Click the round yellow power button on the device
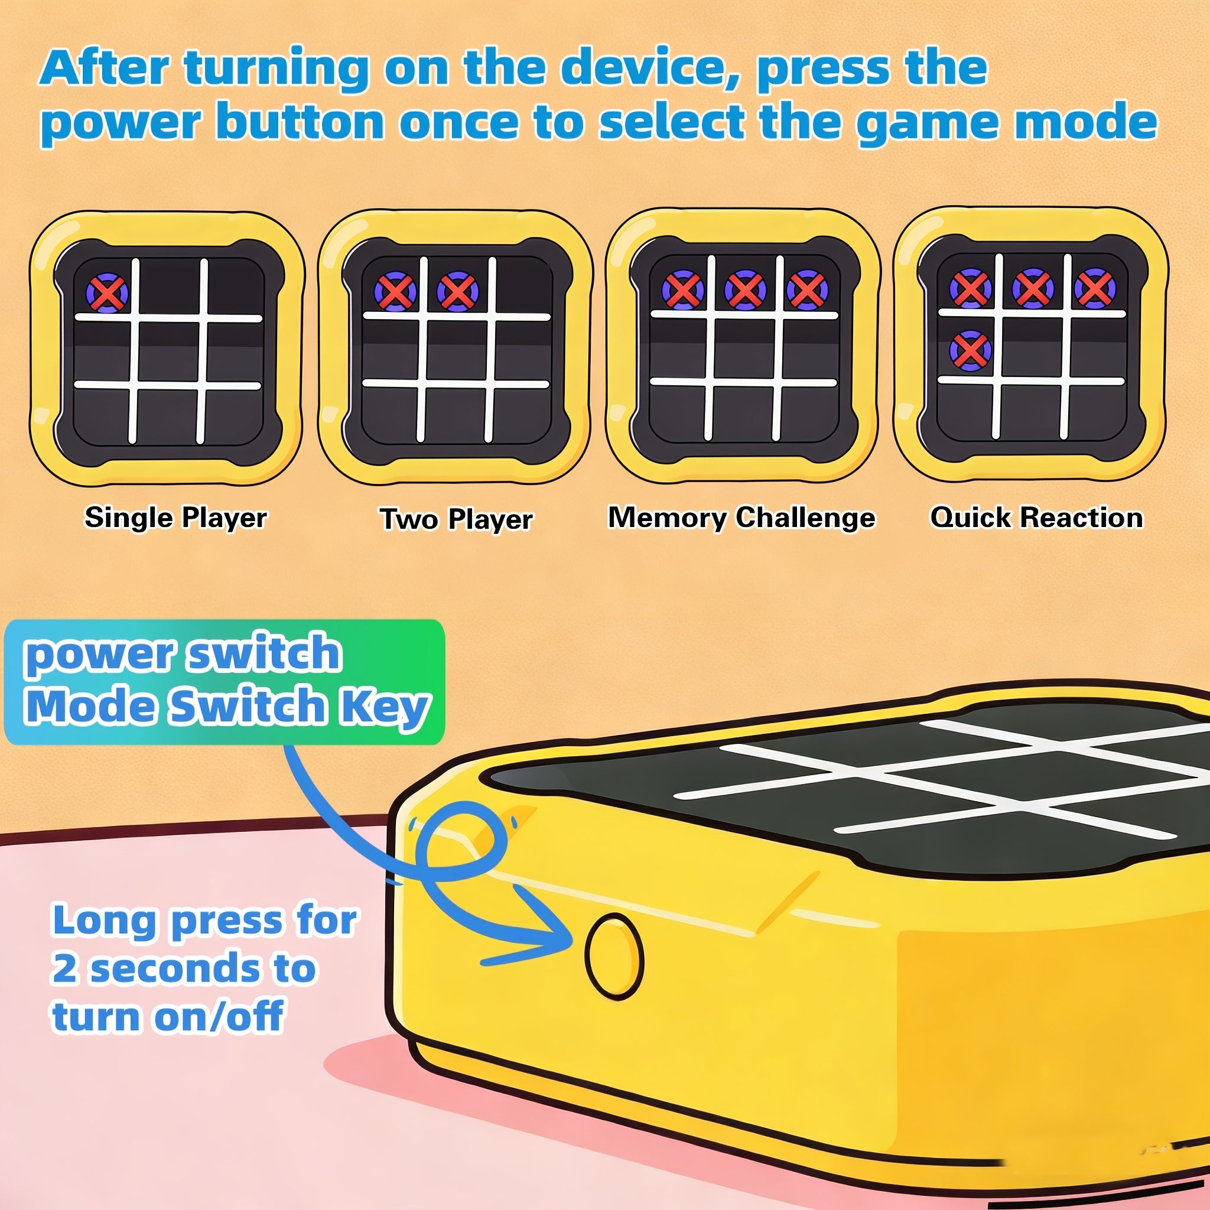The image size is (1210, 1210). tap(614, 956)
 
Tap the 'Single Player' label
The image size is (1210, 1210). tap(176, 518)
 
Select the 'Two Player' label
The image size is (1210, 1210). tap(457, 519)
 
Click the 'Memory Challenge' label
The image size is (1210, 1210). tap(742, 518)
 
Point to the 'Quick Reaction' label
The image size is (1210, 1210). tap(1036, 518)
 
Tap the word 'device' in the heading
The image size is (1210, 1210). tap(648, 67)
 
